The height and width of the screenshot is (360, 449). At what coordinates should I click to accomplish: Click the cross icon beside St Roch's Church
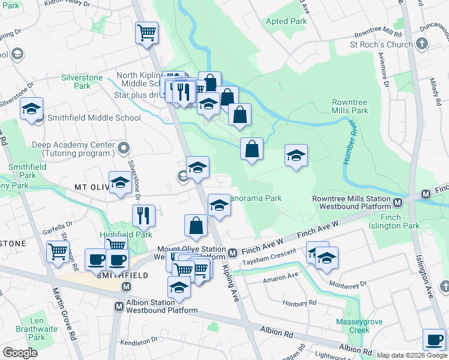tap(421, 44)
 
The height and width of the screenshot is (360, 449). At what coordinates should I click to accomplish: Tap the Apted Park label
tap(286, 21)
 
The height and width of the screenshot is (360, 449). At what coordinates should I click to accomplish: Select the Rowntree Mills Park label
tap(350, 106)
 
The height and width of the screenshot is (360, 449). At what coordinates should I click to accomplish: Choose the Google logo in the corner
tap(20, 353)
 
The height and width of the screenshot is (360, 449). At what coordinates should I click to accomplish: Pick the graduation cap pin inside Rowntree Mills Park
tap(296, 156)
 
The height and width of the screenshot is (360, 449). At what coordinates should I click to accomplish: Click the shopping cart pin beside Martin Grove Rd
tap(58, 252)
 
